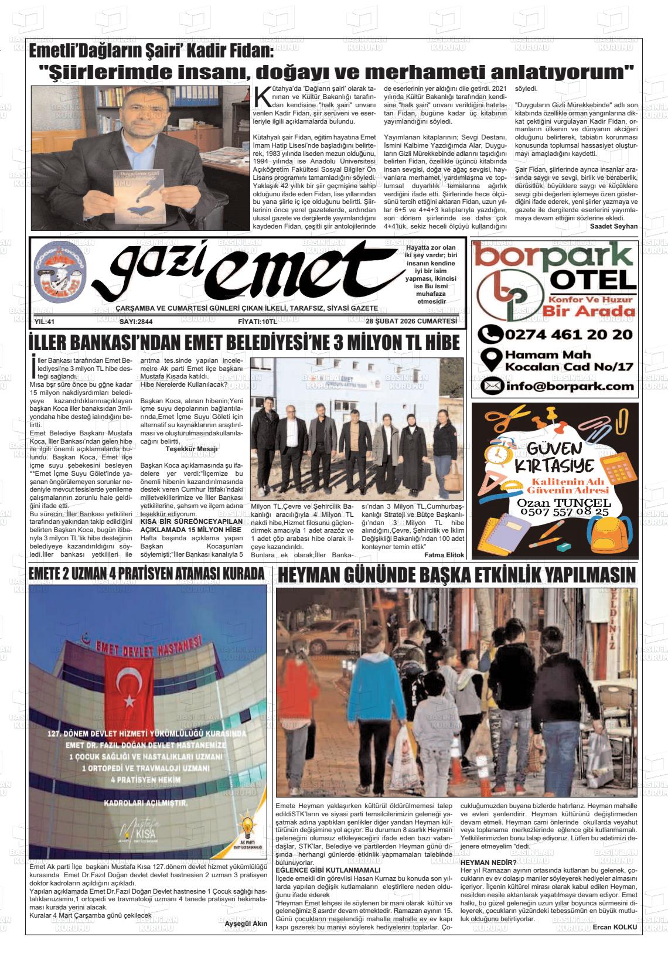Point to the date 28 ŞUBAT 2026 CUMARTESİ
(x=411, y=322)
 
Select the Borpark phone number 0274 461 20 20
(x=555, y=335)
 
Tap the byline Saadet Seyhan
(x=614, y=226)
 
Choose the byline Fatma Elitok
(x=444, y=555)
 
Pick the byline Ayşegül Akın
(x=246, y=924)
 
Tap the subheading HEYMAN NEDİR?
(x=488, y=863)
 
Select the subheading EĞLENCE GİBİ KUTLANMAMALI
(x=328, y=870)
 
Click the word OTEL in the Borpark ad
(x=592, y=280)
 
